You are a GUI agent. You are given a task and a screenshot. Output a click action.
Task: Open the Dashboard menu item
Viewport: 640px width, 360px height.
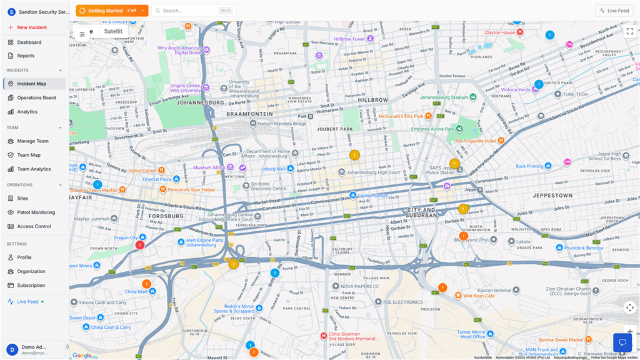(x=29, y=42)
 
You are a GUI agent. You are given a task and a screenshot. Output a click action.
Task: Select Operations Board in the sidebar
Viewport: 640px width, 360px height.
(x=36, y=97)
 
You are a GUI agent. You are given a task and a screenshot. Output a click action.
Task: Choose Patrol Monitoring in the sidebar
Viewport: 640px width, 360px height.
(x=36, y=212)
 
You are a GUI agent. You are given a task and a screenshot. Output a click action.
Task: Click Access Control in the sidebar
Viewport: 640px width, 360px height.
(x=34, y=226)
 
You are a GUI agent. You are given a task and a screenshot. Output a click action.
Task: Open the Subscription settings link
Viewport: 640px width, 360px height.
(x=31, y=285)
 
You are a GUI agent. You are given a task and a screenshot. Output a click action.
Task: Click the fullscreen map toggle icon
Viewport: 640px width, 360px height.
(x=629, y=31)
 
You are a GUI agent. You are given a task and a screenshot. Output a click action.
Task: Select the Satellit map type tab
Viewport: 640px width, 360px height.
(x=113, y=31)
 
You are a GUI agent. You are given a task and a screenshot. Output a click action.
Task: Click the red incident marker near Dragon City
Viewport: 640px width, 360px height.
(x=140, y=245)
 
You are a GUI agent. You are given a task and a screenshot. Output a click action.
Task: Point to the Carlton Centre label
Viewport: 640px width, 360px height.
(x=372, y=196)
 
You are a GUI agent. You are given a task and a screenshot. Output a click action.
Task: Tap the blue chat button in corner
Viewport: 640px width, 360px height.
(x=622, y=342)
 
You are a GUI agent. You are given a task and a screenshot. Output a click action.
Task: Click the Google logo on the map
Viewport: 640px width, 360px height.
(x=81, y=355)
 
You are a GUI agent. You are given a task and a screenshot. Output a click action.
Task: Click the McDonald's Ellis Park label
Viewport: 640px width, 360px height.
(x=401, y=116)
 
